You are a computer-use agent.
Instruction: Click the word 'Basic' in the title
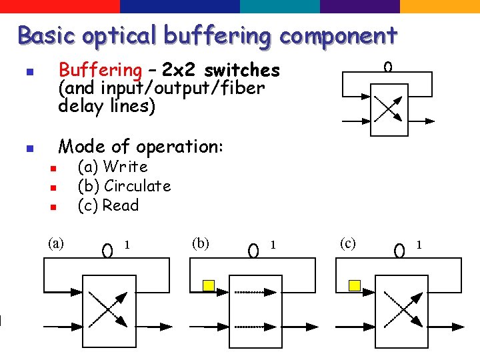(x=44, y=35)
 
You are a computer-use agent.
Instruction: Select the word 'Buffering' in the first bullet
(x=100, y=70)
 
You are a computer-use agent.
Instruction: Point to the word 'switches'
(x=242, y=70)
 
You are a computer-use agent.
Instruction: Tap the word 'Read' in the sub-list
(x=120, y=205)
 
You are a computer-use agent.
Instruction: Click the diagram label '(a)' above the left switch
(x=56, y=243)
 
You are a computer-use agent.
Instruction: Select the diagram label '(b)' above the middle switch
(x=200, y=243)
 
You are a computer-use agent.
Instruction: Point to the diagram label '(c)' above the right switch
(x=347, y=243)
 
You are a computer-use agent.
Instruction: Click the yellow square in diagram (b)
(x=208, y=285)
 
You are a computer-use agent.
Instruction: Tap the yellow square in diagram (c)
(x=355, y=285)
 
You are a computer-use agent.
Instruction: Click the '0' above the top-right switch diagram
(x=388, y=67)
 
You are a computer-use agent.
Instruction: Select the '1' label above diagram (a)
(x=127, y=245)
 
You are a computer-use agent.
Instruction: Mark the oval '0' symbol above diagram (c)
(x=399, y=251)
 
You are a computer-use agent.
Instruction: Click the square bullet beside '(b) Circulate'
(x=54, y=188)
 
